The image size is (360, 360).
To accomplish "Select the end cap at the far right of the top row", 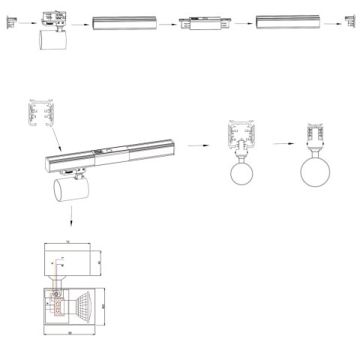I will coord(349,22).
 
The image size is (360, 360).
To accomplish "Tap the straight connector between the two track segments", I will coord(199,23).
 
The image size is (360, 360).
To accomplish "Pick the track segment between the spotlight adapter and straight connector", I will coord(124,23).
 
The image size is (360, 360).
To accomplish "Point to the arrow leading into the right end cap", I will coord(333,23).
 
